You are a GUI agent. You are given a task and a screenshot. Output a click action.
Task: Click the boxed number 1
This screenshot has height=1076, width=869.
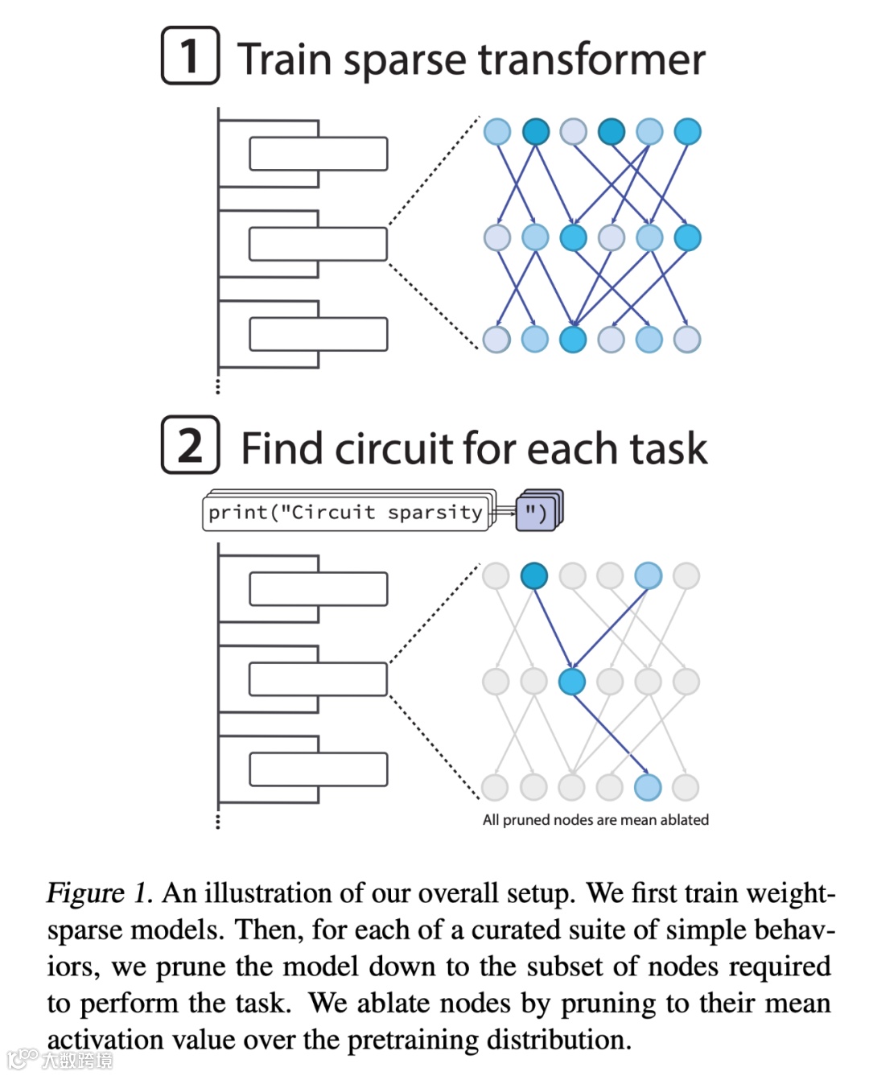(x=190, y=56)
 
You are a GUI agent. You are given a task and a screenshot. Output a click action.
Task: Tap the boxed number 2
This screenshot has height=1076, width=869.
(x=190, y=445)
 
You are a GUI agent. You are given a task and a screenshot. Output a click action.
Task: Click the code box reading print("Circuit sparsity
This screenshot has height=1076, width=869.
(x=346, y=513)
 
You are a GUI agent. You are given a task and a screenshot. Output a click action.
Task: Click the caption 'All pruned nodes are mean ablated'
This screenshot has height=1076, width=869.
(x=595, y=819)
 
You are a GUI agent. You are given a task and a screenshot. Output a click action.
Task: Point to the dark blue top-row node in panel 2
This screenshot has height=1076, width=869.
(x=534, y=575)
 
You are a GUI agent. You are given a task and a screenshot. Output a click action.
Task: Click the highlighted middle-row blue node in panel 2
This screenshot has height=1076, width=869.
(x=572, y=682)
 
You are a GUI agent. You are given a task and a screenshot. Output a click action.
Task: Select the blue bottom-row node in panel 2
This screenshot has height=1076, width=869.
(x=648, y=787)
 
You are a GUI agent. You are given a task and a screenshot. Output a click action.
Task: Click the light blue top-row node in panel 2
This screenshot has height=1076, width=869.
(x=648, y=575)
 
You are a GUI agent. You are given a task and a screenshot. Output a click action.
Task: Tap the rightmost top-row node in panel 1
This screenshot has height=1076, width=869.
(x=687, y=131)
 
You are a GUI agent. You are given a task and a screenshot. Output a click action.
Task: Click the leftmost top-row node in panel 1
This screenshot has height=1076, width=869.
(x=497, y=131)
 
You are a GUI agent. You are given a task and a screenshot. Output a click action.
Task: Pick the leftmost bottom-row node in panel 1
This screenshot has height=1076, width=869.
(x=496, y=340)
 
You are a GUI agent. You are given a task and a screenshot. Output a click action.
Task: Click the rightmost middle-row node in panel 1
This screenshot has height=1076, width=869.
(x=687, y=237)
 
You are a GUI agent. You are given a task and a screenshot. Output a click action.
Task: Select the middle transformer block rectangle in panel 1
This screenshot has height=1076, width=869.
(x=318, y=244)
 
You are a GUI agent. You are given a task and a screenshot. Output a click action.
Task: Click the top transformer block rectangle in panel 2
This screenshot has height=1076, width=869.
(x=318, y=589)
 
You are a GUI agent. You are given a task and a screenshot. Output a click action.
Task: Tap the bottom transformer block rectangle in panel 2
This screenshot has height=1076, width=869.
(x=318, y=769)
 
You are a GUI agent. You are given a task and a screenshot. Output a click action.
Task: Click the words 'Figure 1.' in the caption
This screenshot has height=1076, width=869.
(x=99, y=893)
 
